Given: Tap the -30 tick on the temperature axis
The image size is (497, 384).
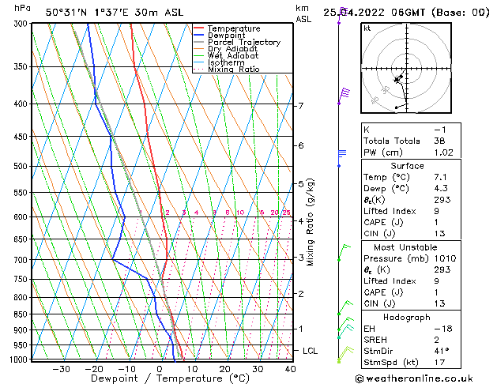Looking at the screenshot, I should click(61, 369).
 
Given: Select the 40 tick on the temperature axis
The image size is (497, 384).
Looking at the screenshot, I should click(290, 369).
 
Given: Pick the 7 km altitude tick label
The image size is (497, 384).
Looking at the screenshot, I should click(301, 106).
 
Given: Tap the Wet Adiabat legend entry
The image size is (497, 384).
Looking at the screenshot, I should click(232, 56).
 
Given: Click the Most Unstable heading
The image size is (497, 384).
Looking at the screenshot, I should click(407, 247).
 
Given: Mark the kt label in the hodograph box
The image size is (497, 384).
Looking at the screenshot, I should click(367, 28).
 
